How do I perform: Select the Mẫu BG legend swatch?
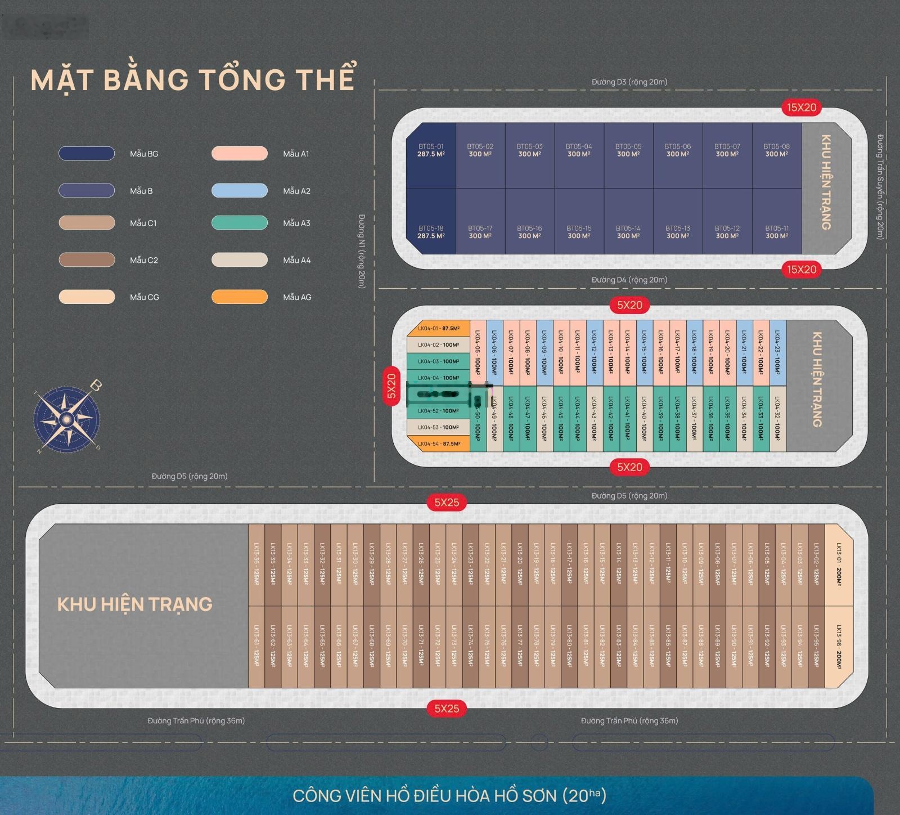pos(87,153)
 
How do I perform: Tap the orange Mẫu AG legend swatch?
pos(240,297)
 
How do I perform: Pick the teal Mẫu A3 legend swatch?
pos(240,223)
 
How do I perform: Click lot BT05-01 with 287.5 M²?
pos(431,155)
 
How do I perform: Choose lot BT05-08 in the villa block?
pos(776,155)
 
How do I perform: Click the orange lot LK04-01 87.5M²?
pos(438,329)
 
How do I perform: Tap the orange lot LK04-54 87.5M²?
pos(438,444)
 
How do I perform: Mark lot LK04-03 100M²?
pos(438,361)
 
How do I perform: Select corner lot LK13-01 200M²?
pos(839,565)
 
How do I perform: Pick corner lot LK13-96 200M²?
pos(839,647)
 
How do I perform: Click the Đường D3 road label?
pos(629,82)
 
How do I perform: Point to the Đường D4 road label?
pos(629,280)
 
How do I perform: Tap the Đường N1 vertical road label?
pos(362,251)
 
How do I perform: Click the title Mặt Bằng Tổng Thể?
pos(193,79)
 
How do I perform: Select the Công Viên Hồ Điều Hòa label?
pos(449,796)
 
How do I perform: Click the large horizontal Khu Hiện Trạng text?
pos(135,604)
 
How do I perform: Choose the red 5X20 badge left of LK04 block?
pos(391,386)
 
